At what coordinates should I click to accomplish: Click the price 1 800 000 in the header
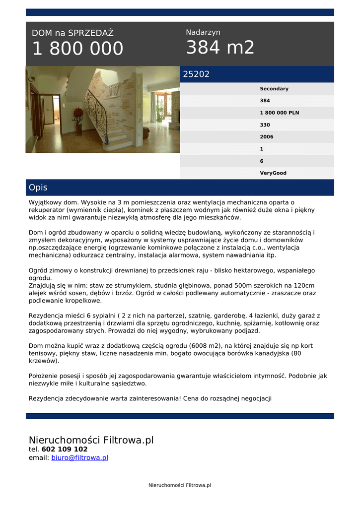coord(77,49)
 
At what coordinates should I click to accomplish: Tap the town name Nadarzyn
coord(203,32)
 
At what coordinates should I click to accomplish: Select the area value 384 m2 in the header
coord(220,48)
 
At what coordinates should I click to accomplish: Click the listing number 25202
coord(196,74)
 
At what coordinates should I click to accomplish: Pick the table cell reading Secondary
coord(274,89)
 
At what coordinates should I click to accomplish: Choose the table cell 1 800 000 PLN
coord(279,113)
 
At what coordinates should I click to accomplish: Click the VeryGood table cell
coord(273,173)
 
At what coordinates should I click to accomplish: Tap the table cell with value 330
coord(265,125)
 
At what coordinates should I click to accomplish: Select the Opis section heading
coord(38,188)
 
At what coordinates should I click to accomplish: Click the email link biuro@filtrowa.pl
coord(79,458)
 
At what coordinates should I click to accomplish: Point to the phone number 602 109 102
coord(65,449)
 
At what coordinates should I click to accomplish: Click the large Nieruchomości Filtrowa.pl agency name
coord(91,440)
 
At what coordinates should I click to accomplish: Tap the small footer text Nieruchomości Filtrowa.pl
coord(180,485)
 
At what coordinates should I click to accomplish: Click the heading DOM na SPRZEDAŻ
coord(72,33)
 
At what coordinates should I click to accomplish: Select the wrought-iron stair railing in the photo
coord(95,113)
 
